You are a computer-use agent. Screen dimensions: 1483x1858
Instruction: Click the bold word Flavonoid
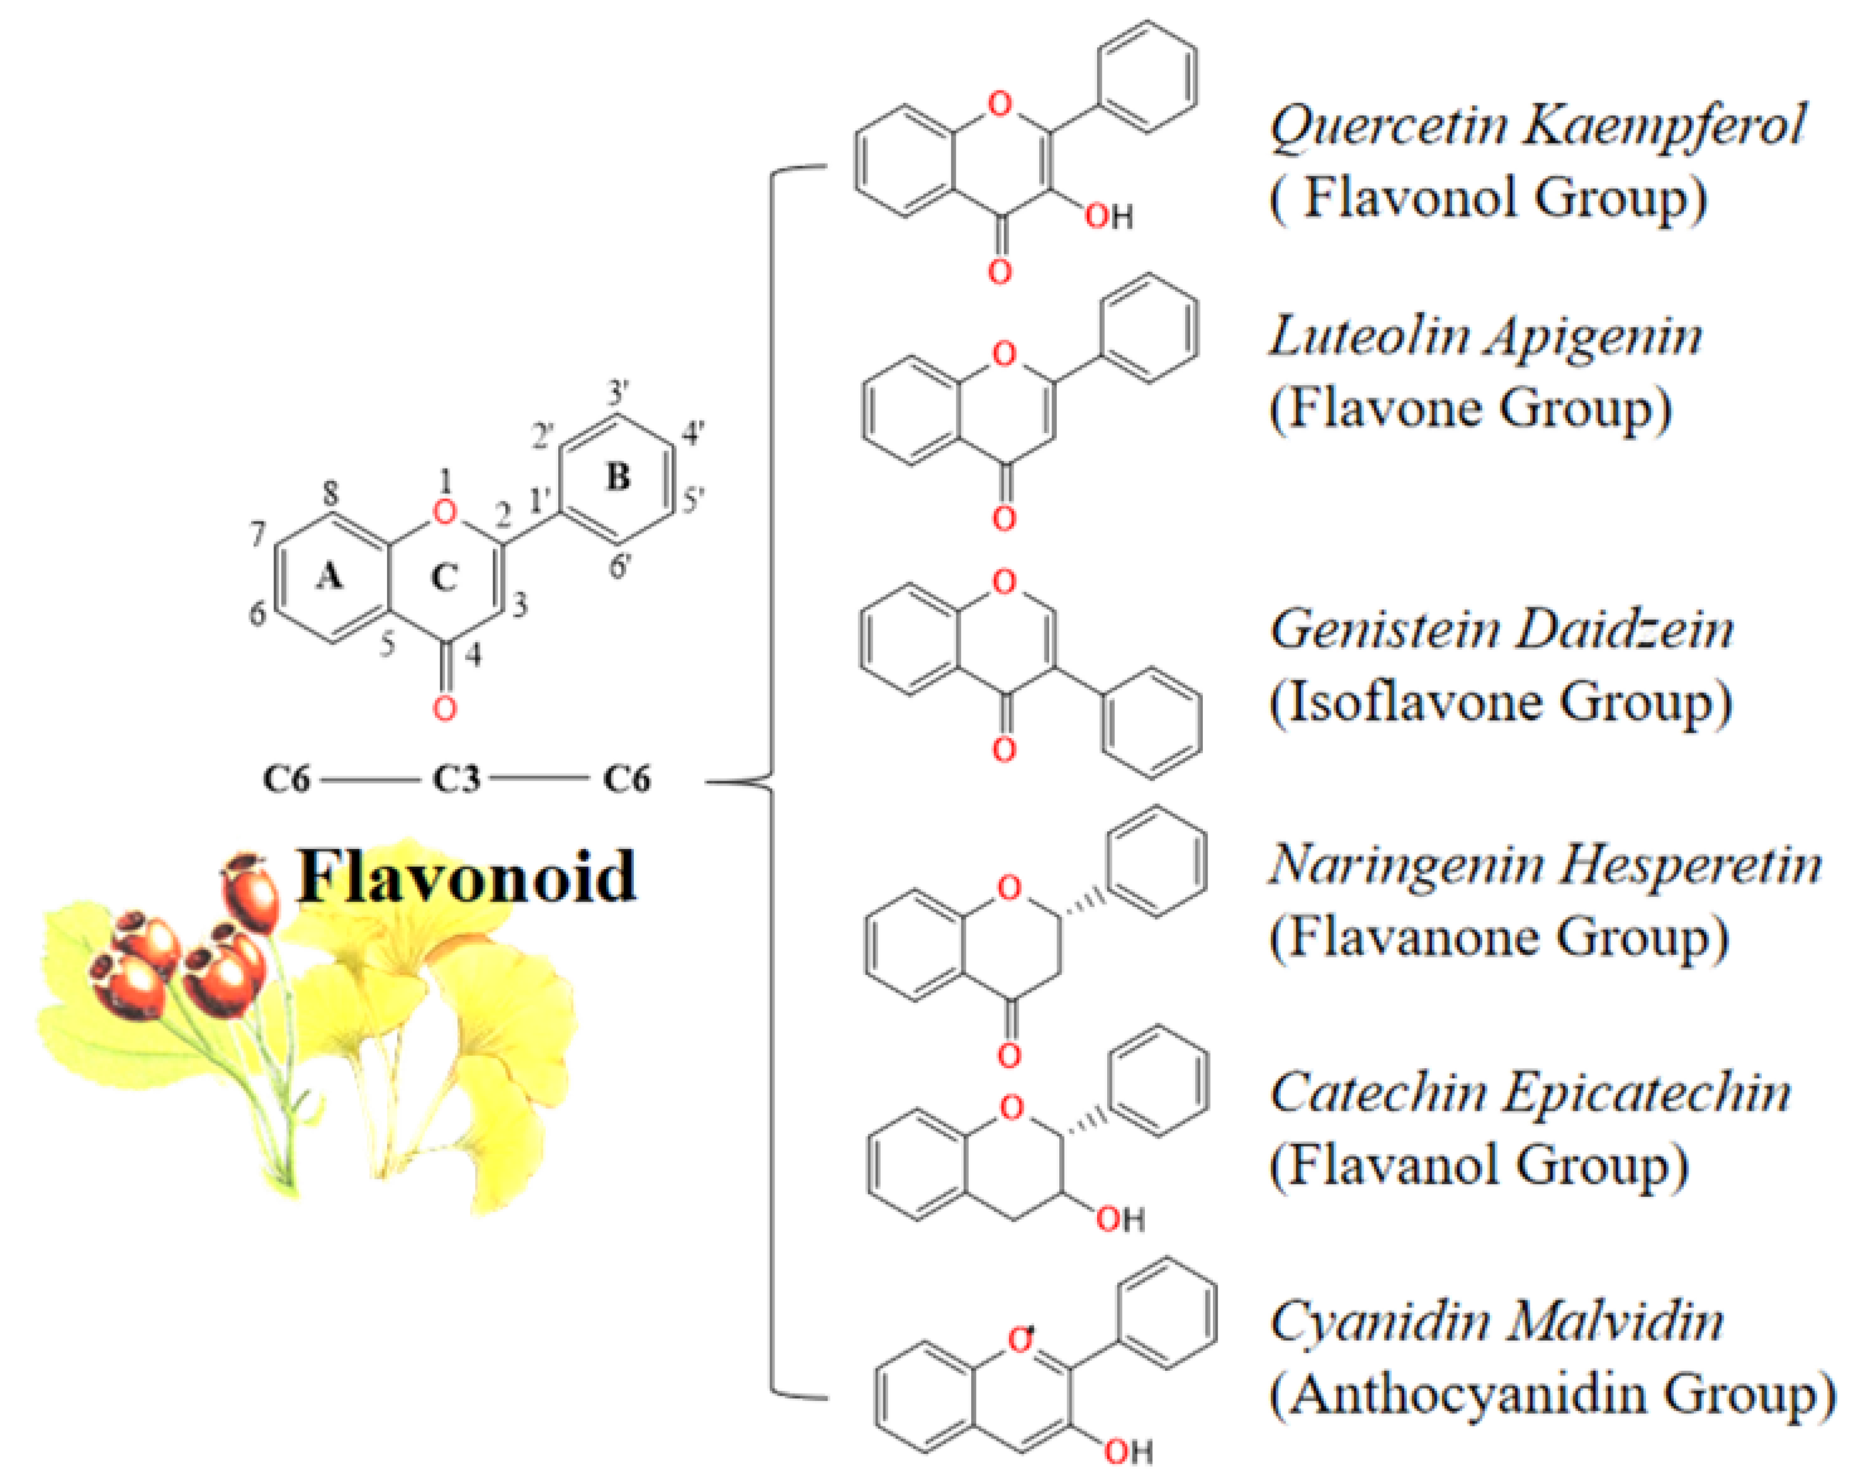tap(466, 876)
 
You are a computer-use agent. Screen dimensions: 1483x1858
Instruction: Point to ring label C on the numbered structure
tap(444, 577)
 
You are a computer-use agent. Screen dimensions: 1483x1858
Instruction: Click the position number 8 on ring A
tap(330, 494)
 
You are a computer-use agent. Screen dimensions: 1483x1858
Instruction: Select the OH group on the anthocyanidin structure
tap(1129, 1452)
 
